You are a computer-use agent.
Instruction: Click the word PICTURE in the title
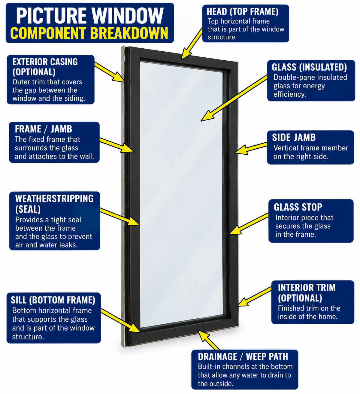[51, 16]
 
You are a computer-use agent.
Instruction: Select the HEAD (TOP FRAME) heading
[242, 12]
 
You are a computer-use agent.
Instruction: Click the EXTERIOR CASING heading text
[45, 62]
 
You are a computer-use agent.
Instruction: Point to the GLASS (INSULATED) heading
[309, 67]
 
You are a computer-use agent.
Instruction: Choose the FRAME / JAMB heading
[44, 129]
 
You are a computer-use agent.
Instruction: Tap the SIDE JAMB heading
[294, 137]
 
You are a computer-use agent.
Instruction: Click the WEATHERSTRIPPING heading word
[54, 199]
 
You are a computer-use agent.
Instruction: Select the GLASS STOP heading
[298, 207]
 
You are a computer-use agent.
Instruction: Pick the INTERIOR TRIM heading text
[306, 288]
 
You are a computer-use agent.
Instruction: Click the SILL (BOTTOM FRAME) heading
[53, 300]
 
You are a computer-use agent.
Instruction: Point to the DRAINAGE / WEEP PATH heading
[243, 356]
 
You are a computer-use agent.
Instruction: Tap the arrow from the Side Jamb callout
[251, 148]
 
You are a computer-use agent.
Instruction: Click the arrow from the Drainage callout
[209, 340]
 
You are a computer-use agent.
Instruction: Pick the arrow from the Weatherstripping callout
[120, 217]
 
